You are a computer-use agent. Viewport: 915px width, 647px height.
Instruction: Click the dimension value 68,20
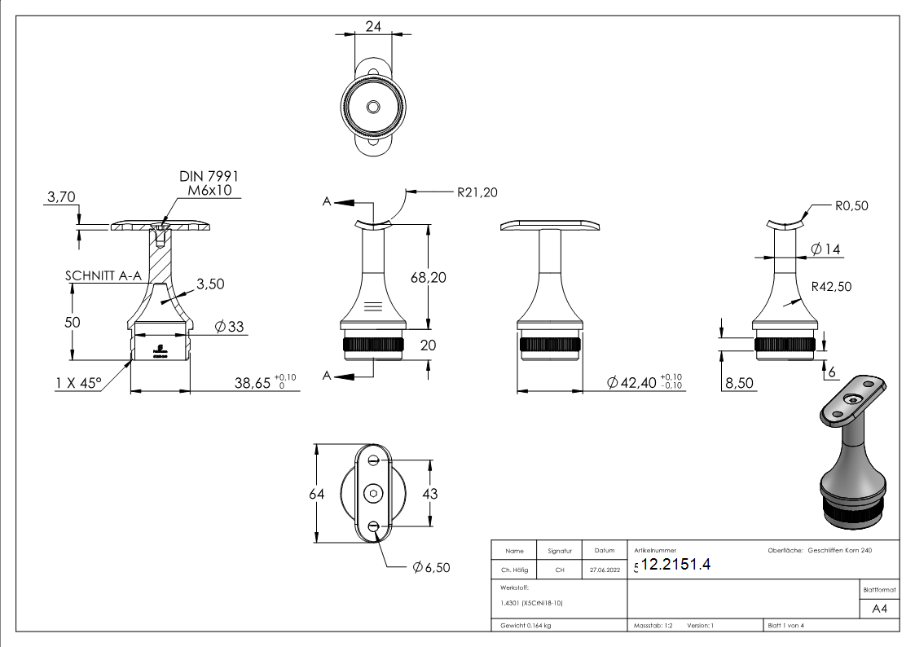(x=428, y=278)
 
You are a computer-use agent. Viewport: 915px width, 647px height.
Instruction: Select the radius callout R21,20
(x=476, y=192)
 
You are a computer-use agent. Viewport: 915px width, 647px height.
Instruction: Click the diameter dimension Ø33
(x=230, y=328)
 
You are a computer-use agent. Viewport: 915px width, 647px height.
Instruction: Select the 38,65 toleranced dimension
(x=261, y=383)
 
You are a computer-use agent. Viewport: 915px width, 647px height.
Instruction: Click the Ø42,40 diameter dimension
(x=644, y=383)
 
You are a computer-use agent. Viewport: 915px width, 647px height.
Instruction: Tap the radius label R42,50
(x=832, y=287)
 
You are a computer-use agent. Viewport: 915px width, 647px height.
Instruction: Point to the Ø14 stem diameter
(x=825, y=249)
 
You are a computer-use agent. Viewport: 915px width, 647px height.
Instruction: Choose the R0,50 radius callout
(x=851, y=206)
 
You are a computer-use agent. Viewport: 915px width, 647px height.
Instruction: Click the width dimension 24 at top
(x=373, y=26)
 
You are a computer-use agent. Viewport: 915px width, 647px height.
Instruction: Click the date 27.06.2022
(x=604, y=570)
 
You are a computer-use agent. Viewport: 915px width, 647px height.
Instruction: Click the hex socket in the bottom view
(x=373, y=494)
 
